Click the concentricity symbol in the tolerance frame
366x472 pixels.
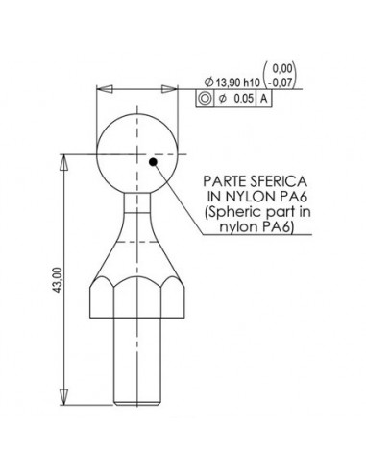205,99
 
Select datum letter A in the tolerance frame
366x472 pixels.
264,99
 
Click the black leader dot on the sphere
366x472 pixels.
154,162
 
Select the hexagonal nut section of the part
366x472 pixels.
140,297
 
